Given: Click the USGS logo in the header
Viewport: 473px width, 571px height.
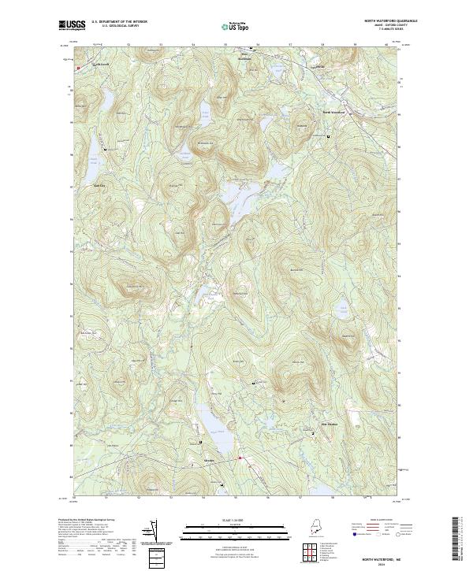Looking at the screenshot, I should [72, 25].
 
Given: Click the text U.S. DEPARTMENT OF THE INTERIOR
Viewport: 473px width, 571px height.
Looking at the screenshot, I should [119, 21].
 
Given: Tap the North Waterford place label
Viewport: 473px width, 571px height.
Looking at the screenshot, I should [333, 112].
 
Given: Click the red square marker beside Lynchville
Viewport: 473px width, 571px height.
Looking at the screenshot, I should [79, 69].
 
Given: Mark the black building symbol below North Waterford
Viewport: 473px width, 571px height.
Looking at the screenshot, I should [328, 137].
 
